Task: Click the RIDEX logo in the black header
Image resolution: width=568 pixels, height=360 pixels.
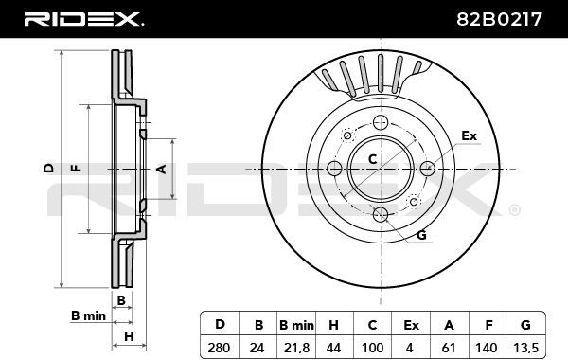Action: click(x=83, y=19)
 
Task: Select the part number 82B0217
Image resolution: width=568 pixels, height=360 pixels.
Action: click(x=499, y=19)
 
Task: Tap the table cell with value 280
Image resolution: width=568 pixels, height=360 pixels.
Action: click(x=219, y=348)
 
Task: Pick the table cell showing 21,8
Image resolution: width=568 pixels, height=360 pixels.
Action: click(x=296, y=348)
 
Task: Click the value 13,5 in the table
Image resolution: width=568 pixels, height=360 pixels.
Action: click(x=525, y=348)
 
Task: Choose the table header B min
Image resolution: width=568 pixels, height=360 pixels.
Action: click(x=296, y=325)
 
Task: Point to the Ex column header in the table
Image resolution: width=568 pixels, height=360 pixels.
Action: click(x=411, y=325)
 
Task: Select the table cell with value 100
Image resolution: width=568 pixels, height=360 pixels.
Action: click(x=372, y=348)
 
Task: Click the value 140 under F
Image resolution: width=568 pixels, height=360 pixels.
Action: click(x=487, y=348)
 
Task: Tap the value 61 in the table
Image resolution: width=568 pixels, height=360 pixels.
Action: click(x=449, y=348)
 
